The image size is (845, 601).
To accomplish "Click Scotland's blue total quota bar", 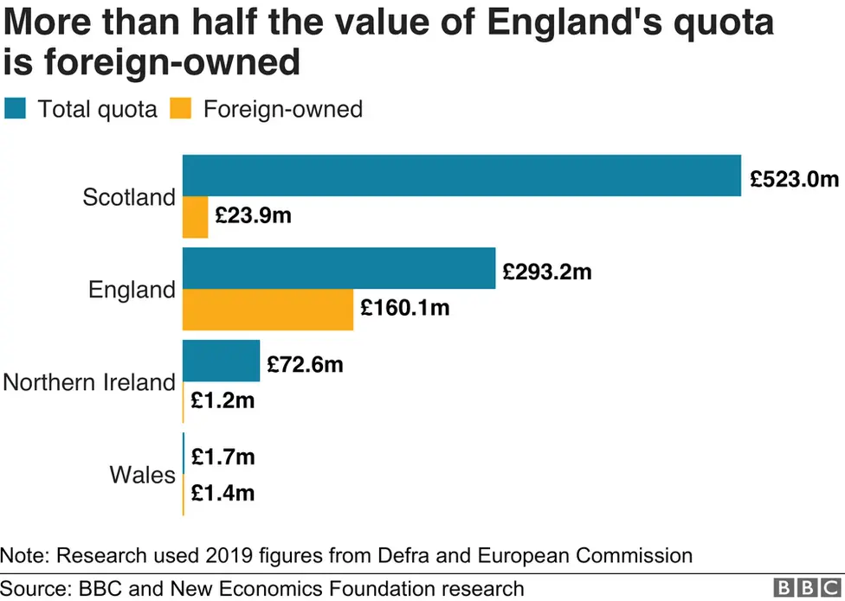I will (461, 176).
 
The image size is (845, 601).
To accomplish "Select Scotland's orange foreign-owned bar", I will (195, 217).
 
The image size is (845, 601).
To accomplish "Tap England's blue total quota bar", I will (339, 268).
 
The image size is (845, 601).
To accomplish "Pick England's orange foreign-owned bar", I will (268, 310).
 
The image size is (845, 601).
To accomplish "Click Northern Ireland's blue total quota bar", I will (221, 361).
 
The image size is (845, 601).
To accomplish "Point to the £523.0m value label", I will (794, 180).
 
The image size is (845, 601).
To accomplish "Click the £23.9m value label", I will (253, 216).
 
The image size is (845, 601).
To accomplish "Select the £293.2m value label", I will (547, 272).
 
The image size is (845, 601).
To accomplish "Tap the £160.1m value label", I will (405, 307).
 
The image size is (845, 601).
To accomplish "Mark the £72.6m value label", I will (305, 365).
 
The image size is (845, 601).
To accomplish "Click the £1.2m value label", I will (223, 400).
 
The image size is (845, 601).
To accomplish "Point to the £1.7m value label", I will (223, 457).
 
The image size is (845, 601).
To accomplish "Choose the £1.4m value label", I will (223, 493).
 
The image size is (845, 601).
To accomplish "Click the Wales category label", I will (142, 475).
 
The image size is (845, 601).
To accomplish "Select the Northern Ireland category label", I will (89, 382).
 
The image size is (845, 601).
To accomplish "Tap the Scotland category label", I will (128, 197).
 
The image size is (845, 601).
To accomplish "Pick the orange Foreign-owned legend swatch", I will (180, 109).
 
